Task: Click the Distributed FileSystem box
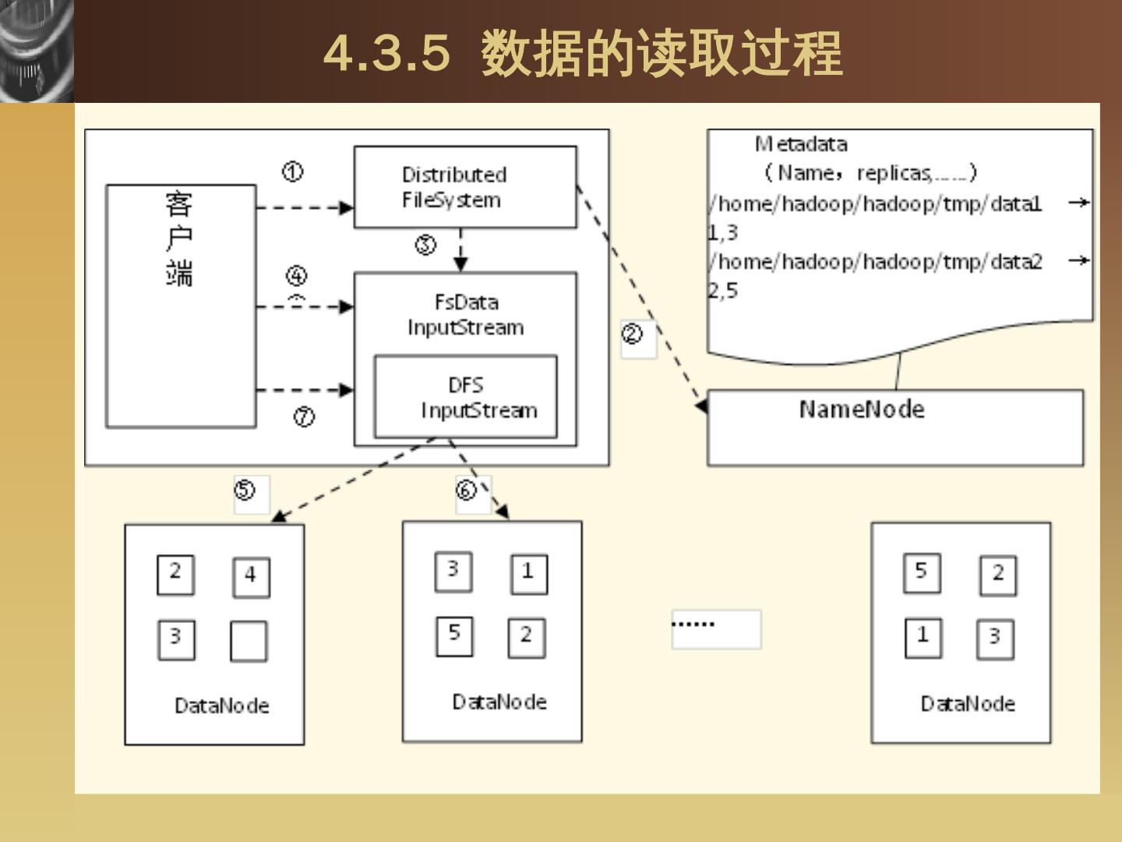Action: click(465, 187)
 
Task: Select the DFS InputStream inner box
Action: click(466, 398)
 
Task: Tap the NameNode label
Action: click(862, 409)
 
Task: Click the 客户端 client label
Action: click(179, 238)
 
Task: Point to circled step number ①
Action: click(292, 172)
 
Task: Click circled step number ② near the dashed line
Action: click(632, 334)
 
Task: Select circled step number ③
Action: click(425, 245)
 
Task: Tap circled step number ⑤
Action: click(245, 490)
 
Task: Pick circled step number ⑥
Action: click(466, 490)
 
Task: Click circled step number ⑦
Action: click(304, 417)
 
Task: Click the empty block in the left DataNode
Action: click(249, 641)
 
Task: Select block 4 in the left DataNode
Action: click(251, 577)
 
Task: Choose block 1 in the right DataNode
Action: click(923, 637)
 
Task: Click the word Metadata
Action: click(801, 144)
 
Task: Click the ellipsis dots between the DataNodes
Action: click(693, 624)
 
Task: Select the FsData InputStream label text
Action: click(465, 314)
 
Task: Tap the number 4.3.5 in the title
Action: click(387, 53)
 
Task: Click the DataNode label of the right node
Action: click(968, 704)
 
